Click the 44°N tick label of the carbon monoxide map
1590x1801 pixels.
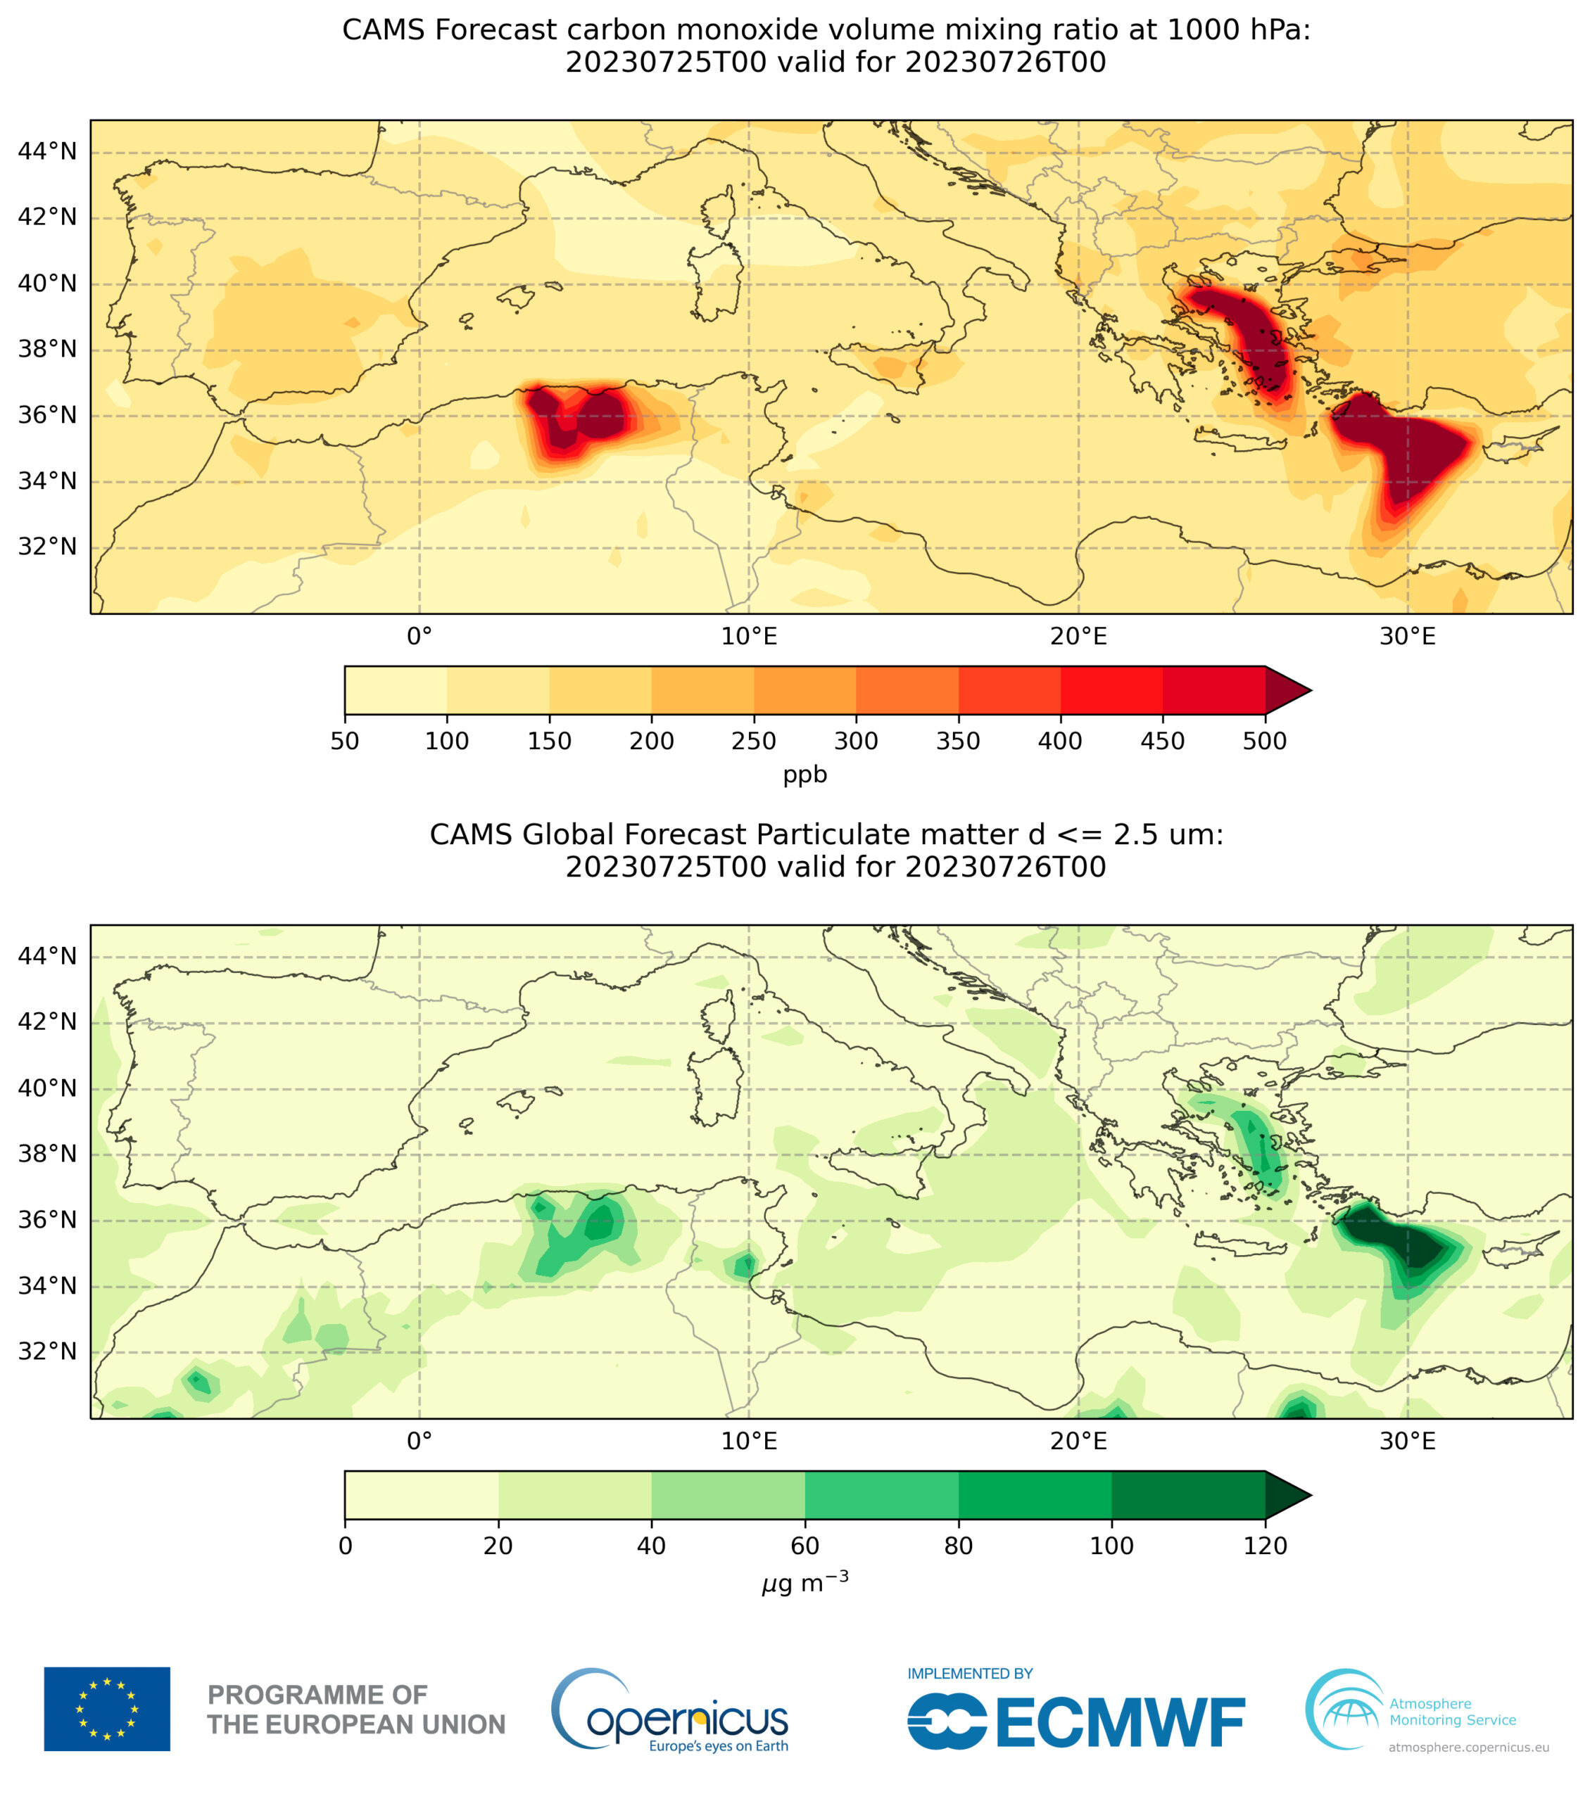click(48, 151)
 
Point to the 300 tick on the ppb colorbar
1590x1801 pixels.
click(856, 741)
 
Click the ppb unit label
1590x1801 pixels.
click(805, 775)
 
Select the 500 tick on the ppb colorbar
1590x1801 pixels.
click(1265, 741)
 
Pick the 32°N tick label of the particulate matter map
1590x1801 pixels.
click(48, 1351)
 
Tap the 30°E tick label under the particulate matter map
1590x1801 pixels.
click(1408, 1442)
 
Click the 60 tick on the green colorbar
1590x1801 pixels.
click(805, 1546)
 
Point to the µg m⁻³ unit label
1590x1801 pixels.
click(805, 1582)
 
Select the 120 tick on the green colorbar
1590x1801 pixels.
click(1265, 1546)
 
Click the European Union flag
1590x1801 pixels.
click(107, 1710)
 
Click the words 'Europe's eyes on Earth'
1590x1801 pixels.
click(719, 1746)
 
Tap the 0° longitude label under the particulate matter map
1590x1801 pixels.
click(419, 1442)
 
